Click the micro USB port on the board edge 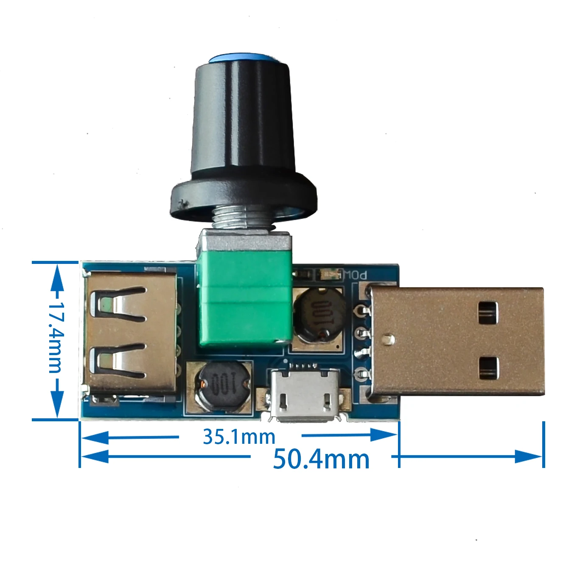303,395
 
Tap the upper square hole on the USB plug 487,313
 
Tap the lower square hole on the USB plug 487,368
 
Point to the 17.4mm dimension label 56,337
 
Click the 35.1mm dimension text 239,437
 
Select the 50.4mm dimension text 321,459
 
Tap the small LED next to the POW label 329,274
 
